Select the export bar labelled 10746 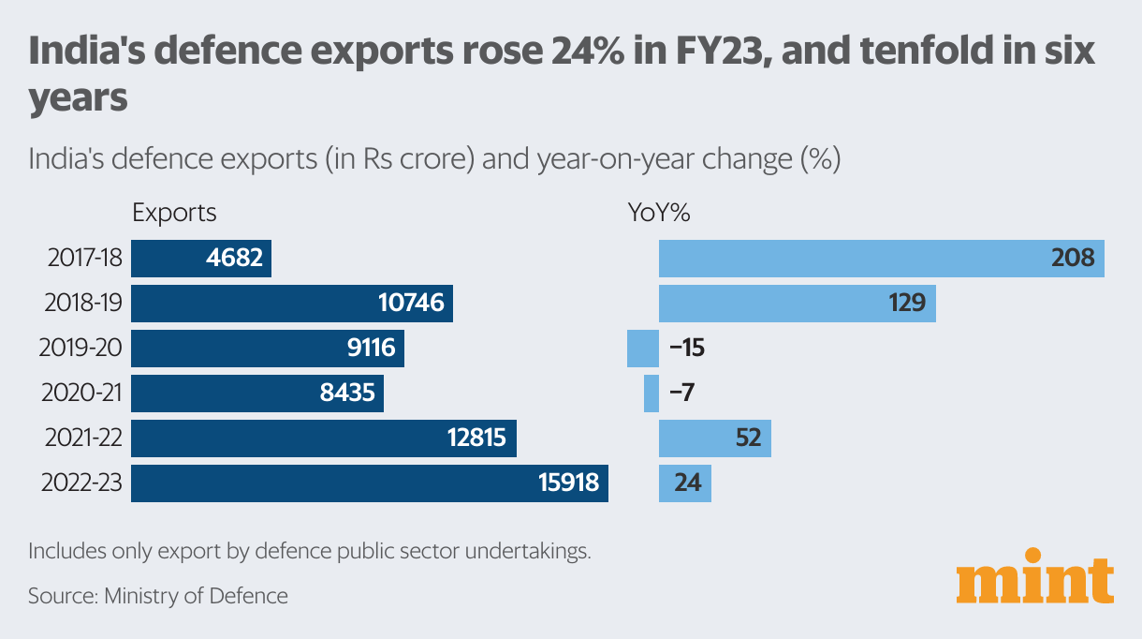pyautogui.click(x=291, y=304)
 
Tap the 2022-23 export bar pyautogui.click(x=369, y=483)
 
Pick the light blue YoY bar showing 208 pyautogui.click(x=881, y=258)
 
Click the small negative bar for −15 pyautogui.click(x=642, y=349)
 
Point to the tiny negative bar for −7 pyautogui.click(x=652, y=394)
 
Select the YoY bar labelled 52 pyautogui.click(x=714, y=438)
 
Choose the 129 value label pyautogui.click(x=906, y=304)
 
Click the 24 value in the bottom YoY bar pyautogui.click(x=687, y=484)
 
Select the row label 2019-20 pyautogui.click(x=81, y=349)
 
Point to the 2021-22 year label pyautogui.click(x=81, y=438)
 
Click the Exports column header pyautogui.click(x=174, y=213)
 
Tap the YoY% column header pyautogui.click(x=658, y=213)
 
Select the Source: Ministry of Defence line pyautogui.click(x=158, y=595)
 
